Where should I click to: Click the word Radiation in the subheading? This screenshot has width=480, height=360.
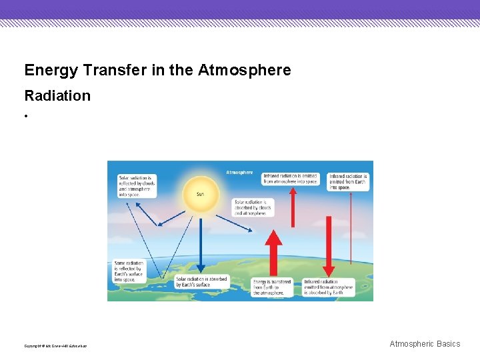pyautogui.click(x=57, y=95)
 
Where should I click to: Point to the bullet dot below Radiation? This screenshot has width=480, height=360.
pyautogui.click(x=27, y=116)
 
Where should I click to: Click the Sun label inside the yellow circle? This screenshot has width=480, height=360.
pyautogui.click(x=200, y=195)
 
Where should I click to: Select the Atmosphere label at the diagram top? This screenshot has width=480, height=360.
pyautogui.click(x=239, y=172)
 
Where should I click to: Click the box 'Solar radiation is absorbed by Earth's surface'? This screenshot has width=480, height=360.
pyautogui.click(x=201, y=282)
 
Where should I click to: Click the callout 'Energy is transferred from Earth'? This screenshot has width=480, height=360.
pyautogui.click(x=272, y=287)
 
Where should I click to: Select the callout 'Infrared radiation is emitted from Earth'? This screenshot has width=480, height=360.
pyautogui.click(x=347, y=182)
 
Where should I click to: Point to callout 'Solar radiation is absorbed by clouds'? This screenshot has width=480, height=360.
pyautogui.click(x=253, y=207)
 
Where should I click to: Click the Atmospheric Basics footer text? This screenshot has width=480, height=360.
pyautogui.click(x=425, y=344)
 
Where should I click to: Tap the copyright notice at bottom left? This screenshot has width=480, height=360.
pyautogui.click(x=55, y=346)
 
